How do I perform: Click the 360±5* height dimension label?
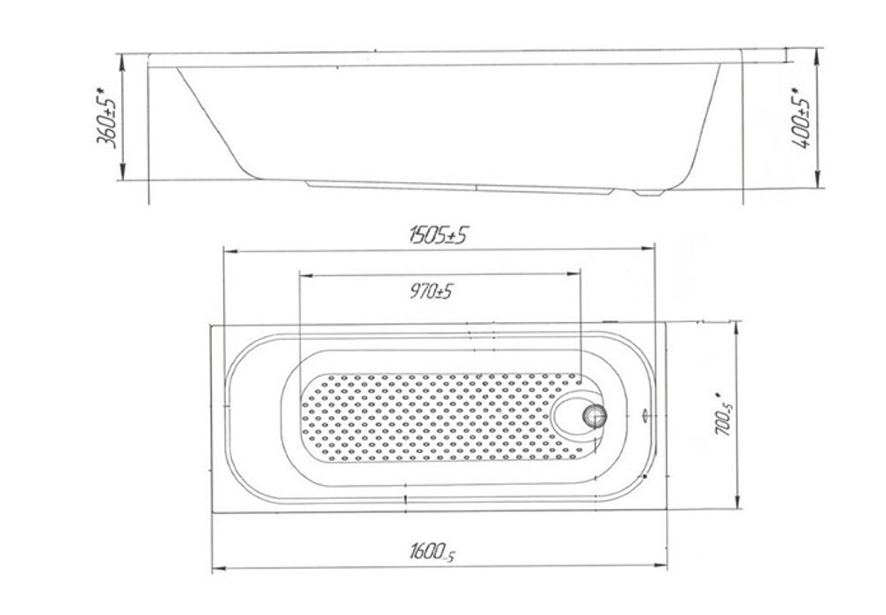click(x=107, y=118)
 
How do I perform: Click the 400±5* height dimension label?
click(x=802, y=118)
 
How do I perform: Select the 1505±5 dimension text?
click(x=439, y=234)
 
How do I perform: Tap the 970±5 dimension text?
click(x=431, y=292)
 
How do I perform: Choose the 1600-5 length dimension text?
click(x=432, y=552)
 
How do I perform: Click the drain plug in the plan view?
click(x=594, y=416)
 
